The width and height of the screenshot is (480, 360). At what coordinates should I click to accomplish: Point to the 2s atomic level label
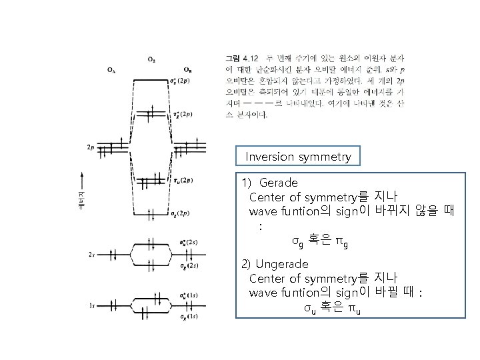(x=91, y=255)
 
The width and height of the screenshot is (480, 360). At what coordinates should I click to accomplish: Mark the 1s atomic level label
(x=91, y=306)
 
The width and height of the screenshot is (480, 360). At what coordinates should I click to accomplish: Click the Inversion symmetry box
(x=298, y=157)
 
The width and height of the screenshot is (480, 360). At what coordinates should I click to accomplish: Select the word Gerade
(x=279, y=181)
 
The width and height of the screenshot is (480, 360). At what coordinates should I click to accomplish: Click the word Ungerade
(x=285, y=263)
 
